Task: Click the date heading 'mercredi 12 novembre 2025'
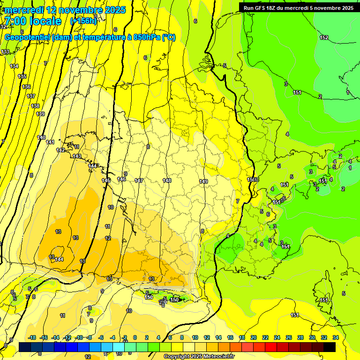pos(65,10)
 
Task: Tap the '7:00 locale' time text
pos(33,21)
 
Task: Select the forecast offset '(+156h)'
pos(83,21)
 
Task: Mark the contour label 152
pos(324,37)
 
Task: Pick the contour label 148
pos(167,180)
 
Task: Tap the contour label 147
pos(139,180)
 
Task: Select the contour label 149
pos(203,181)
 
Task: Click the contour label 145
pos(106,180)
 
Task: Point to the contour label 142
pos(60,150)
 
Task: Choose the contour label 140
pos(41,137)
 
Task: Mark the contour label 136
pos(26,87)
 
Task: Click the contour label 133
pos(5,52)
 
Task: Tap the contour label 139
pos(40,114)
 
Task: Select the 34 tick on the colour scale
pos(335,337)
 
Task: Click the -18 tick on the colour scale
pos(32,337)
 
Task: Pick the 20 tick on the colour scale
pos(254,337)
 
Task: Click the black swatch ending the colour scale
pos(330,347)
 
